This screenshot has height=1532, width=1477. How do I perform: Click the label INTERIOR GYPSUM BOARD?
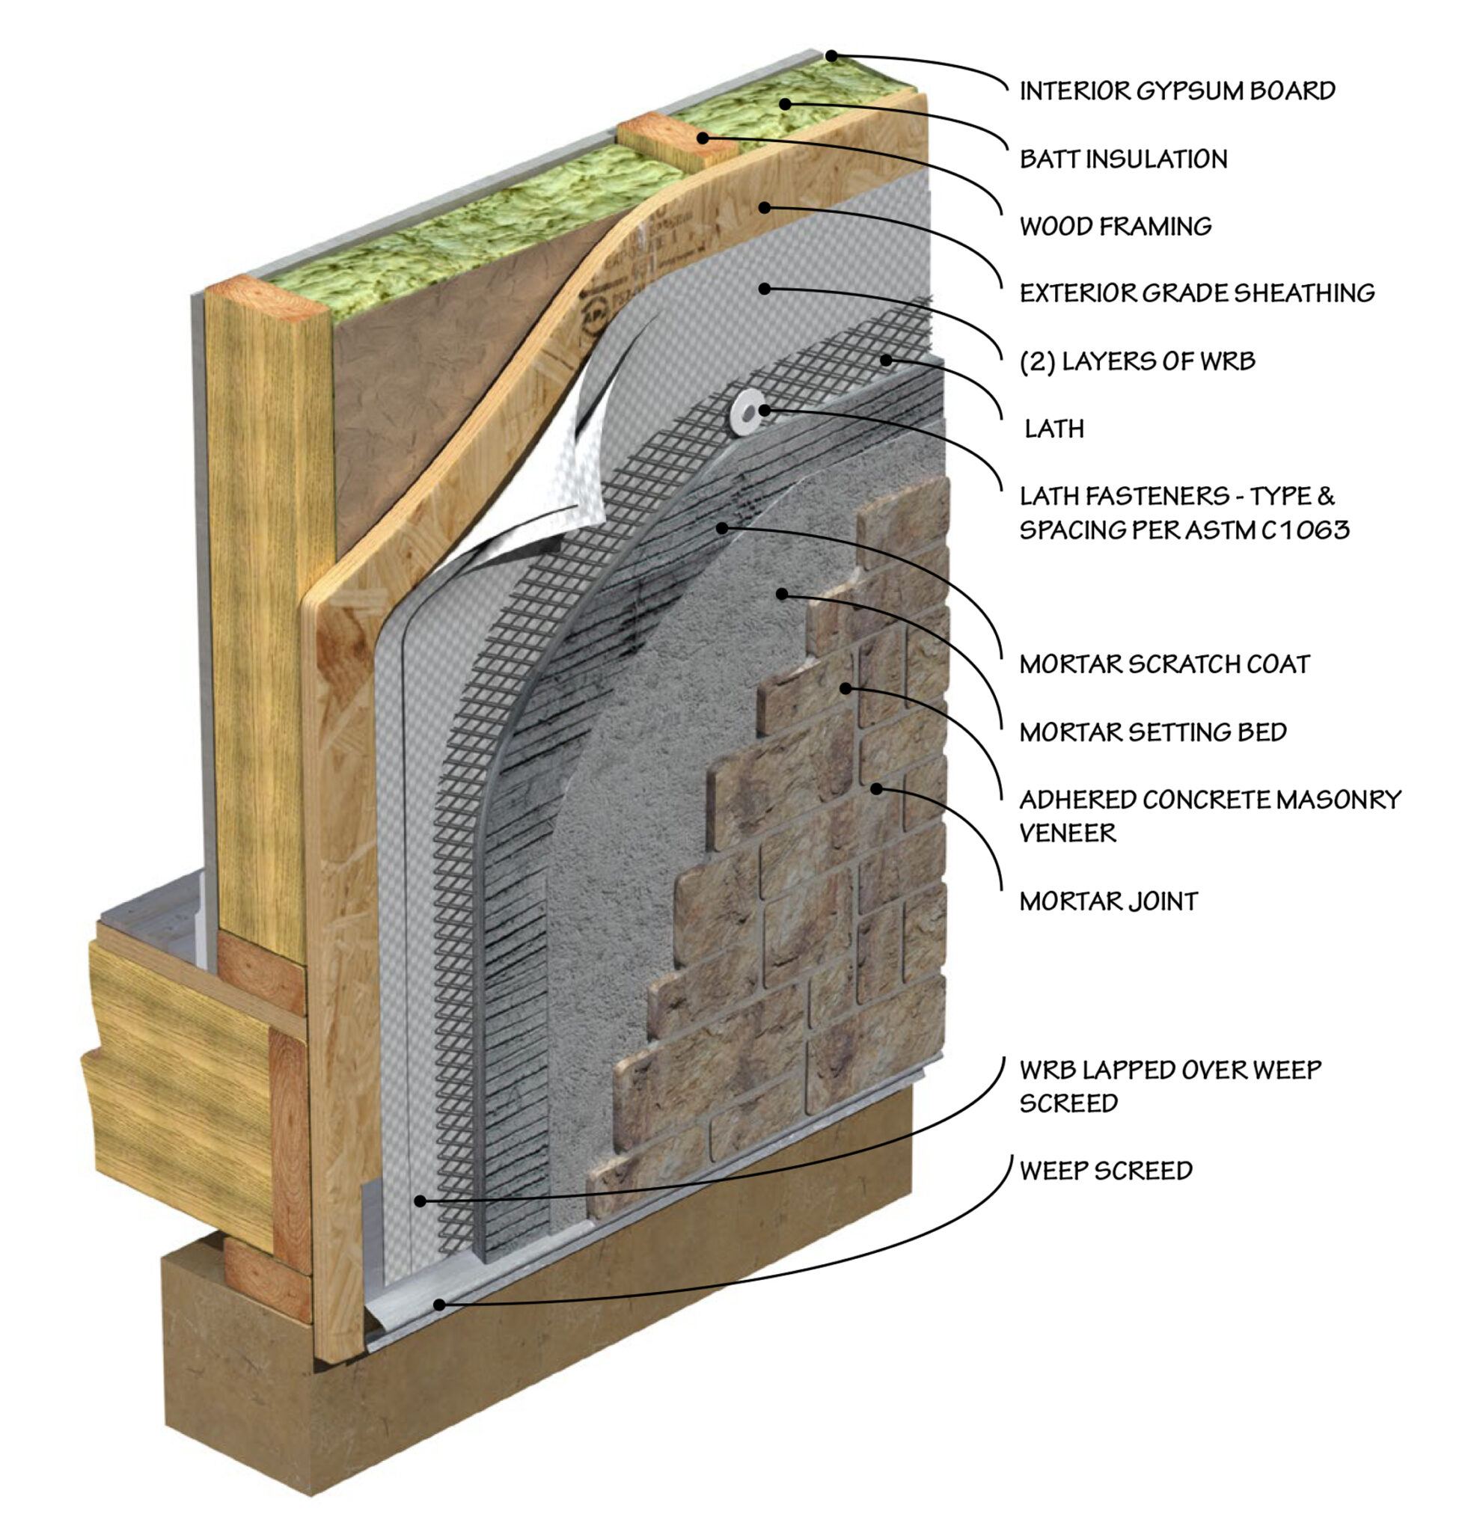click(x=1176, y=91)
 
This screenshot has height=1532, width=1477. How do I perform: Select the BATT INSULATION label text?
click(x=1123, y=159)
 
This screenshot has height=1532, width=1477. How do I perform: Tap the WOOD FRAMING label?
click(x=1115, y=227)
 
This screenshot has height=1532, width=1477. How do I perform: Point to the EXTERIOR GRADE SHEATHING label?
click(x=1196, y=293)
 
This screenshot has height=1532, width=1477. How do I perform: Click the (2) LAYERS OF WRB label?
click(x=1137, y=361)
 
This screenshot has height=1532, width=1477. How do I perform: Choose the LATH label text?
click(x=1054, y=429)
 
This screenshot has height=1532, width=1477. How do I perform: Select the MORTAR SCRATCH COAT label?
click(x=1163, y=664)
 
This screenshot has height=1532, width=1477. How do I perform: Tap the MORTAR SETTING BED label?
click(x=1152, y=732)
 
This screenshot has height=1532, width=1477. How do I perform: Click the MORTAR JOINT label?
click(x=1108, y=902)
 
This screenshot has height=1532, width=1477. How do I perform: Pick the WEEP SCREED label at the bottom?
click(x=1105, y=1171)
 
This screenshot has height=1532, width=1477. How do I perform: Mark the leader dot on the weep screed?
click(x=439, y=1305)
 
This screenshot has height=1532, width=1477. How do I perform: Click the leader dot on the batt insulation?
click(x=784, y=104)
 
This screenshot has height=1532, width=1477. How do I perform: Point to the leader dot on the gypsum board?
click(x=832, y=56)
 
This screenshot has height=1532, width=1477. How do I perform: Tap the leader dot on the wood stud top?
click(x=703, y=138)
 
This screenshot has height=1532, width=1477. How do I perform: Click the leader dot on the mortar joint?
click(x=876, y=788)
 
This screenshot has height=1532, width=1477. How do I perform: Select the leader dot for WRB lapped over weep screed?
click(x=420, y=1201)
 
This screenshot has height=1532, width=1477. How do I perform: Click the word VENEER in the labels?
click(x=1067, y=834)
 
